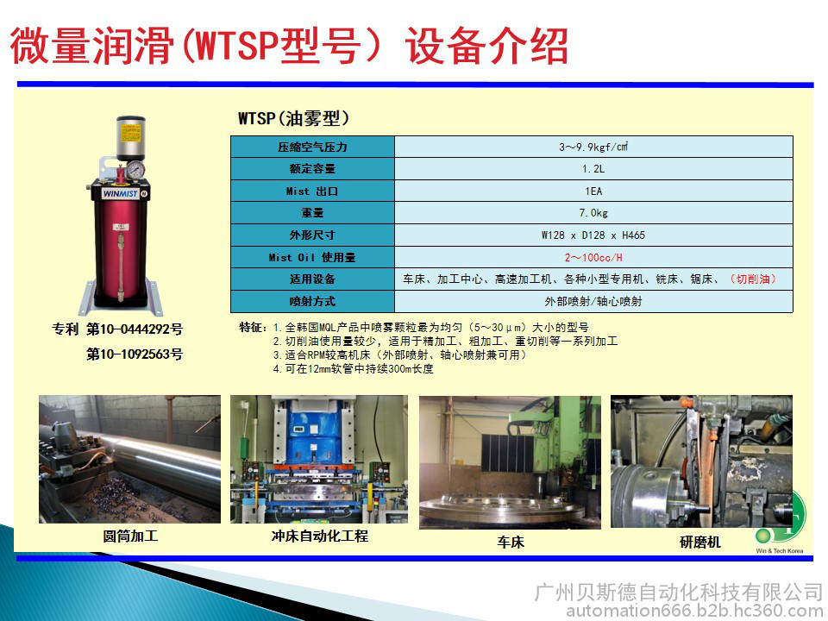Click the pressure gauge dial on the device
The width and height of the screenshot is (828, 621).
pyautogui.click(x=135, y=170)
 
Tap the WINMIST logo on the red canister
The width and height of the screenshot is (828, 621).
pyautogui.click(x=121, y=194)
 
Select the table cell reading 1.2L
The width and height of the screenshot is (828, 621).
pyautogui.click(x=593, y=169)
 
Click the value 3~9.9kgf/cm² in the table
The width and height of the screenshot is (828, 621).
pyautogui.click(x=593, y=147)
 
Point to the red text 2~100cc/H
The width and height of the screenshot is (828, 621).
pyautogui.click(x=593, y=258)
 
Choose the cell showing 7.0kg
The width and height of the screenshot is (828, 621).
pyautogui.click(x=593, y=213)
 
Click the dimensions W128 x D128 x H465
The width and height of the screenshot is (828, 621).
pyautogui.click(x=593, y=235)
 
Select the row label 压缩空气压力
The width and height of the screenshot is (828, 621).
pyautogui.click(x=312, y=147)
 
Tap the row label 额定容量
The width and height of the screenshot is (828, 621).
pyautogui.click(x=312, y=169)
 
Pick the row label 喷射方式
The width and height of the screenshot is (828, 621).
pyautogui.click(x=312, y=302)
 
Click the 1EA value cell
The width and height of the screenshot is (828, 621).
pyautogui.click(x=593, y=191)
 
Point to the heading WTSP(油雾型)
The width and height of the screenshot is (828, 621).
pyautogui.click(x=293, y=118)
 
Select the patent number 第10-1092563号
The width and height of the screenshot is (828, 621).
pyautogui.click(x=135, y=354)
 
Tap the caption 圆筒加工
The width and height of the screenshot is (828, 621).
pyautogui.click(x=130, y=536)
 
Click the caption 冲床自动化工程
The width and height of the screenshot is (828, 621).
pyautogui.click(x=319, y=536)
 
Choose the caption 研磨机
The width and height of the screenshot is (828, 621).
pyautogui.click(x=700, y=542)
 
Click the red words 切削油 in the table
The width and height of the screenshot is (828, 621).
pyautogui.click(x=753, y=279)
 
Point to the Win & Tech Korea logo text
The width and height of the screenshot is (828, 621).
pyautogui.click(x=780, y=551)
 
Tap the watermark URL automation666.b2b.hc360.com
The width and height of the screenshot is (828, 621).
pyautogui.click(x=697, y=612)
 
